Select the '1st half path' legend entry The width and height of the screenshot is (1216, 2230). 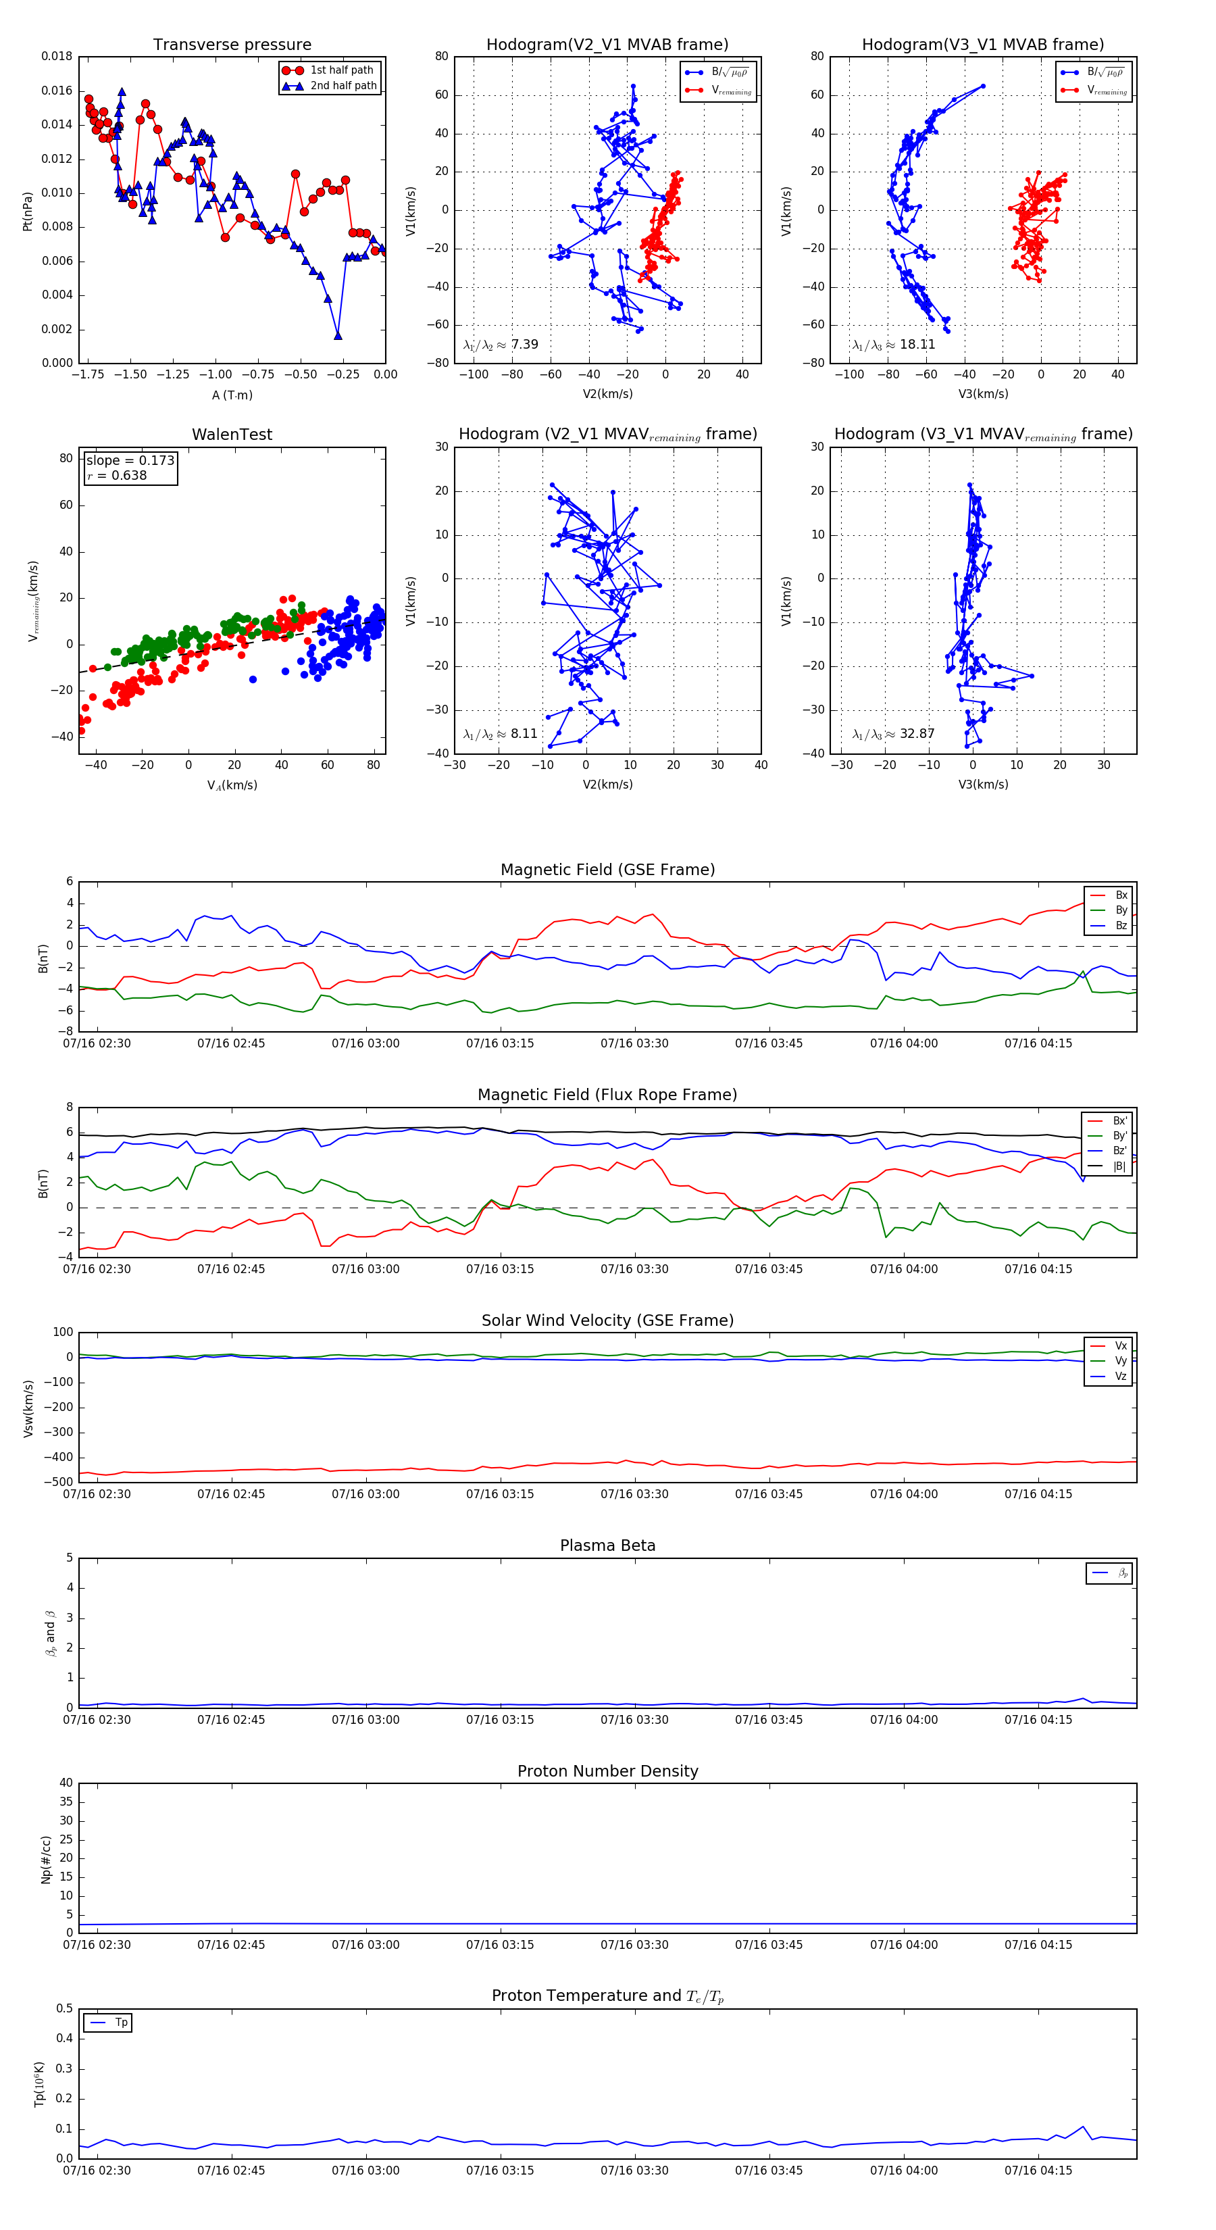point(341,70)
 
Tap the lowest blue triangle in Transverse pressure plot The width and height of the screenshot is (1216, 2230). point(338,335)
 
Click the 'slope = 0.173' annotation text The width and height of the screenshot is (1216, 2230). point(130,461)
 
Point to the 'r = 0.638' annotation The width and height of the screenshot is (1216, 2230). point(117,475)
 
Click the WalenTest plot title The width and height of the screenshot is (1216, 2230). point(232,435)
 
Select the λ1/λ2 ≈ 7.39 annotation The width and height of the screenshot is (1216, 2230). point(500,345)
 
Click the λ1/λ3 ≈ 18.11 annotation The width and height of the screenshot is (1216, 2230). point(893,345)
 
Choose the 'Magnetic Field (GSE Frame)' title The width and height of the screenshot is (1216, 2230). point(607,870)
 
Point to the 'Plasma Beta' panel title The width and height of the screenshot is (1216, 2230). point(607,1546)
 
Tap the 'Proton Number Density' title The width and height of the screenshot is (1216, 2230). point(607,1771)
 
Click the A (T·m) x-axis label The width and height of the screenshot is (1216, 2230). point(232,395)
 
